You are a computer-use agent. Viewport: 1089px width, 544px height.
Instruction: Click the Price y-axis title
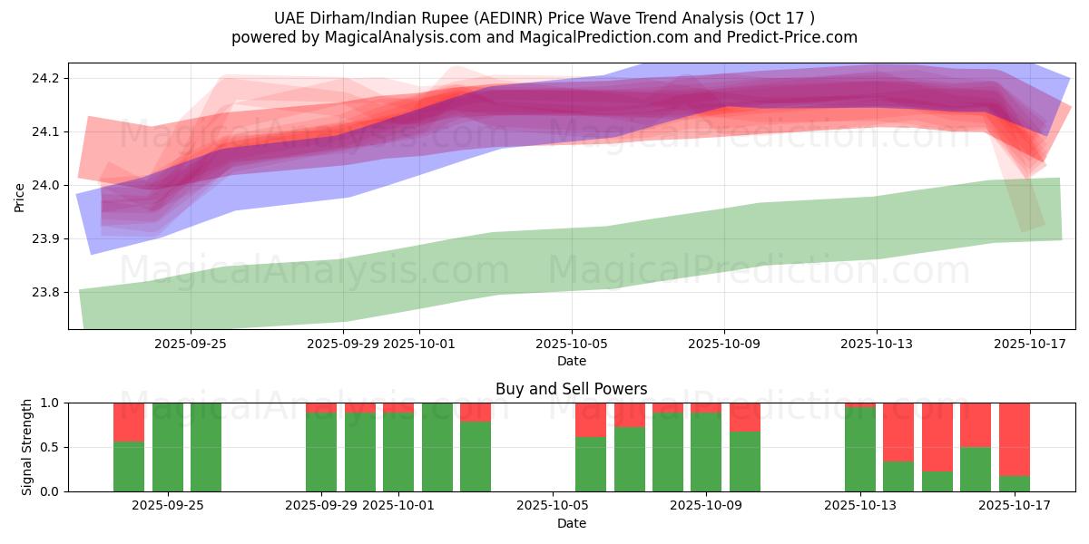click(20, 197)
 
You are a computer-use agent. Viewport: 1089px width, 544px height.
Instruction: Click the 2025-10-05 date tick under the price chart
click(572, 345)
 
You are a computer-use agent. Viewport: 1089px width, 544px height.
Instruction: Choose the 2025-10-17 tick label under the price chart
click(1029, 345)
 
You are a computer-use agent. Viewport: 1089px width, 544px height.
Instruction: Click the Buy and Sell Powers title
click(572, 390)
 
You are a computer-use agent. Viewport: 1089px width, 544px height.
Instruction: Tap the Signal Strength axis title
click(26, 447)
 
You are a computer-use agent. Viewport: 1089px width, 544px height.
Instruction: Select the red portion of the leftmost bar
click(129, 422)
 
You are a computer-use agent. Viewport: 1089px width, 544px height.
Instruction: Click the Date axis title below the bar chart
click(572, 524)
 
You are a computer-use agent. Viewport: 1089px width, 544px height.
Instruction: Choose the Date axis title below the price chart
click(572, 362)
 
